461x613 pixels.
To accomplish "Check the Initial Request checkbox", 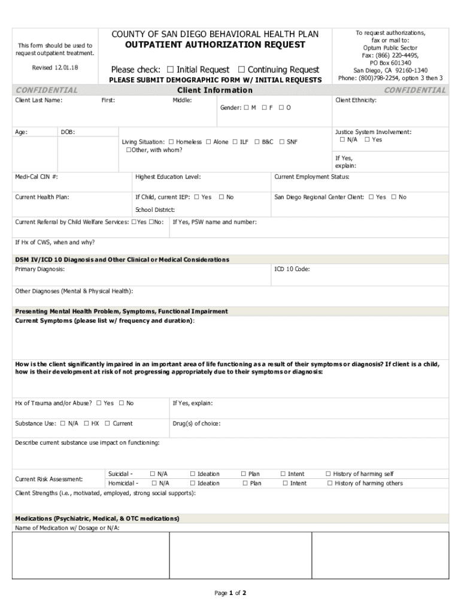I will click(x=171, y=70).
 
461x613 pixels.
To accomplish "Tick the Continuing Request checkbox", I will click(x=242, y=70).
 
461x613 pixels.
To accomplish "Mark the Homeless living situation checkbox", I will click(x=171, y=142).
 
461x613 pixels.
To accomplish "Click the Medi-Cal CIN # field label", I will click(x=37, y=177).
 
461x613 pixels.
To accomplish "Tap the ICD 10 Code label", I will click(x=292, y=269).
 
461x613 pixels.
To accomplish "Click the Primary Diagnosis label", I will click(x=40, y=269).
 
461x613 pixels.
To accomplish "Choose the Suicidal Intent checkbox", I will click(x=283, y=474).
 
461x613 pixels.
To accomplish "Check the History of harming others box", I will click(x=329, y=483).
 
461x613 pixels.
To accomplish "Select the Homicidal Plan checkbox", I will click(x=245, y=483).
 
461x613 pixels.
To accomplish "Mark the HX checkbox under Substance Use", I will click(x=87, y=424).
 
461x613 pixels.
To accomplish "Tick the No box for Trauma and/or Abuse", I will click(x=122, y=403).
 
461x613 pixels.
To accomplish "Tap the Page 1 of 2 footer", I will click(x=230, y=593).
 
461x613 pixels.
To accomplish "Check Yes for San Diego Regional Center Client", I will click(x=371, y=197).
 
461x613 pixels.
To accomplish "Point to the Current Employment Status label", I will click(x=311, y=177).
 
